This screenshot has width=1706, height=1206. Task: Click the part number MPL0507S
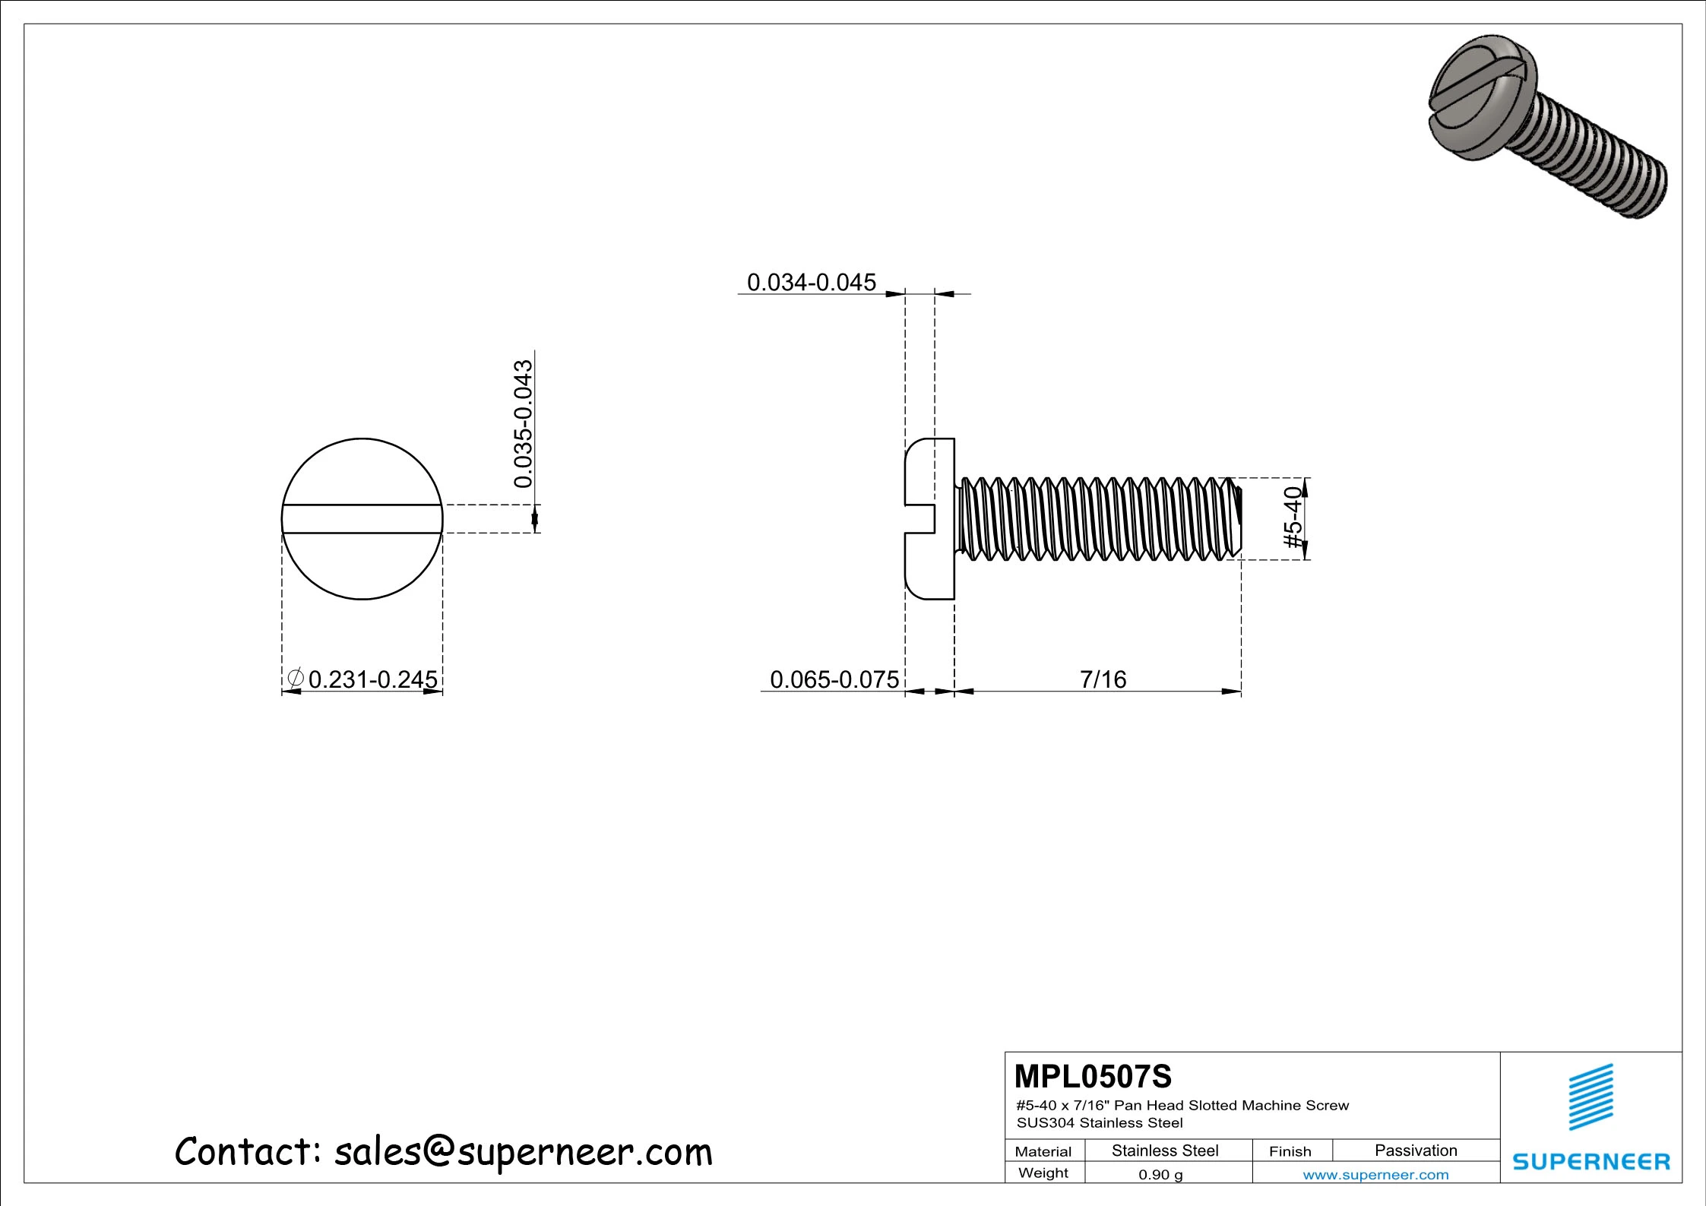(x=1092, y=1077)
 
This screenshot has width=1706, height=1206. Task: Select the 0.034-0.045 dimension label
(x=811, y=283)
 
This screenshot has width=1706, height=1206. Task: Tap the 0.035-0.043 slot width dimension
(x=524, y=423)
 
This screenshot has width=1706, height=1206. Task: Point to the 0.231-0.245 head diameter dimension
(x=372, y=679)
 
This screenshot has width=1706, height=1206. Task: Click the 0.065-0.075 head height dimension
(x=834, y=679)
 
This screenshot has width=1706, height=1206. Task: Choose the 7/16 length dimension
(x=1103, y=679)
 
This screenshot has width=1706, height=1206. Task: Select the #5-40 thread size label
(x=1293, y=518)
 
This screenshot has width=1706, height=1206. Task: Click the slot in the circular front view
(x=362, y=519)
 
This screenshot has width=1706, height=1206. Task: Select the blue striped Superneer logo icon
(x=1590, y=1097)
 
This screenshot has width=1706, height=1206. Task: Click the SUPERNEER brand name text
(x=1590, y=1161)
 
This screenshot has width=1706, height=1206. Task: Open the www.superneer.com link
(x=1375, y=1175)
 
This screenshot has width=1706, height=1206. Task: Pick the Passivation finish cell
(x=1415, y=1151)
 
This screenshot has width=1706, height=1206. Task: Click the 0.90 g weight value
(x=1160, y=1175)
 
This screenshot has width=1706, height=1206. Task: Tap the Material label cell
(x=1043, y=1151)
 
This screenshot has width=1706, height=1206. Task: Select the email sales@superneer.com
(x=523, y=1151)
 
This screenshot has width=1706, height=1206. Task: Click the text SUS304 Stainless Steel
(x=1099, y=1122)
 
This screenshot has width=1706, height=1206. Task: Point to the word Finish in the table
(x=1290, y=1151)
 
